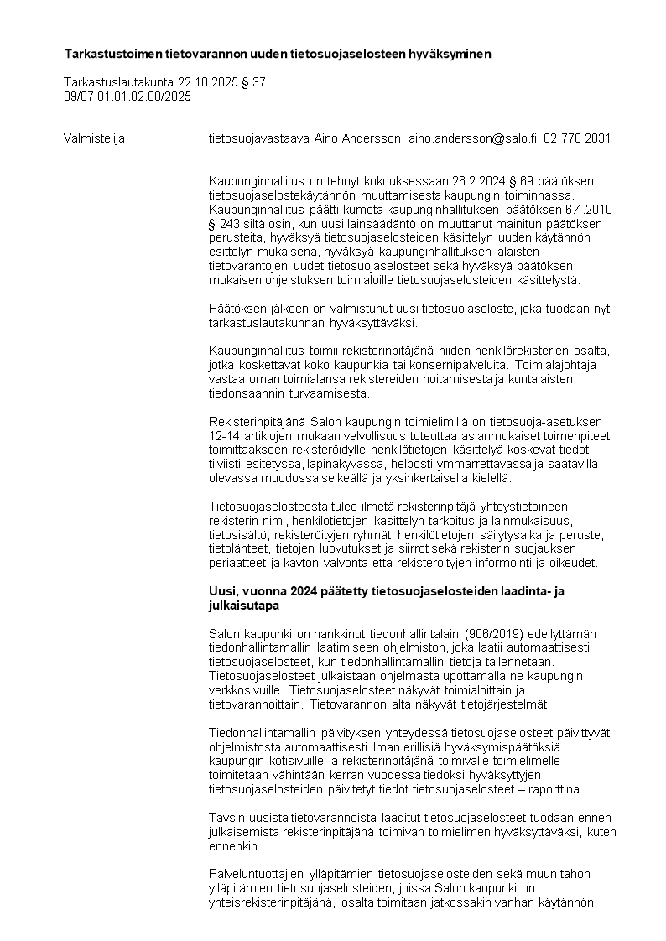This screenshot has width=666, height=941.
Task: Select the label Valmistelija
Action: (94, 138)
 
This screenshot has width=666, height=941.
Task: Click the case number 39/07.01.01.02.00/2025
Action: (127, 96)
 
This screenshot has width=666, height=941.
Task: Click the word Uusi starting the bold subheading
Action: (221, 591)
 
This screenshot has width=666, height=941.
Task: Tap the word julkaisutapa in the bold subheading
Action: (243, 605)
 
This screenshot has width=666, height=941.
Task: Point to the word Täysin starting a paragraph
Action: (226, 818)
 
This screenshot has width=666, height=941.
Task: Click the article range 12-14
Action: (223, 437)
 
